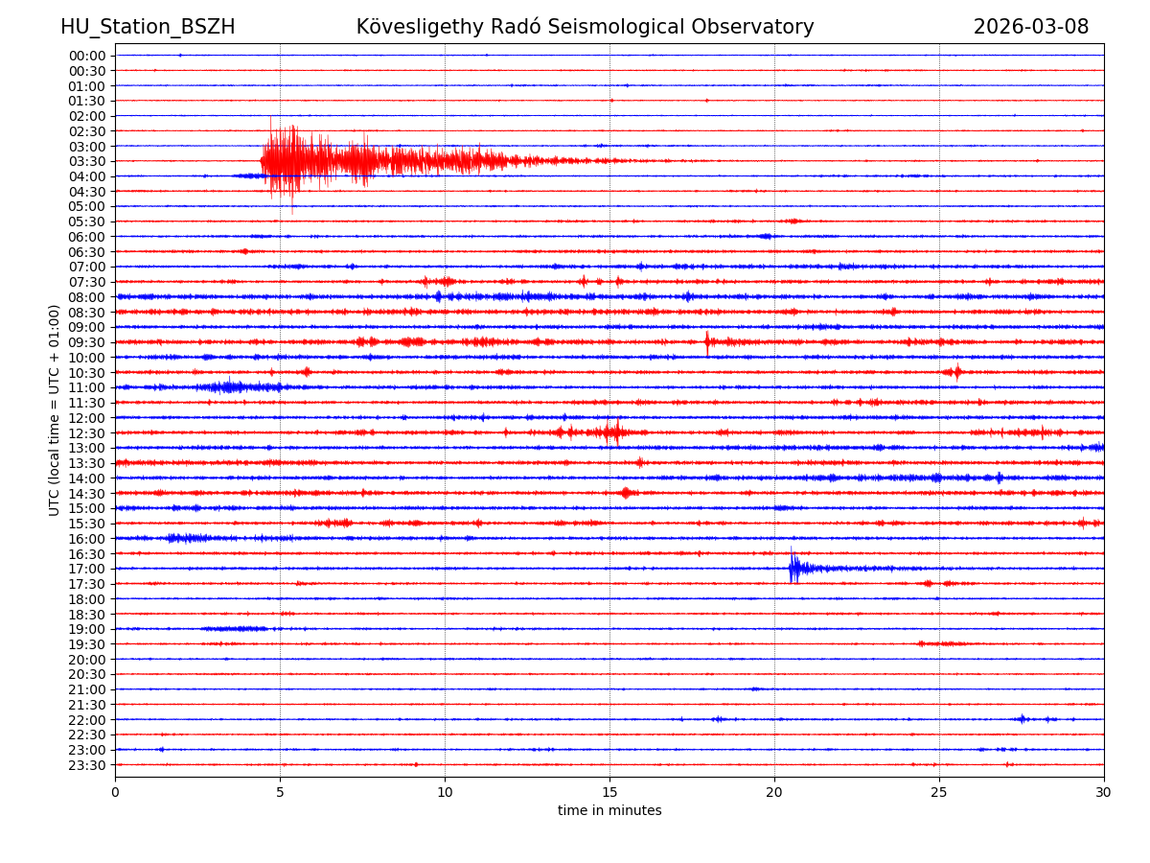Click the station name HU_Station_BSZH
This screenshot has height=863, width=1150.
(148, 27)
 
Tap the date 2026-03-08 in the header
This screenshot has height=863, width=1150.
(1030, 27)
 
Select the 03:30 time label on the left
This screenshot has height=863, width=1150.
(87, 161)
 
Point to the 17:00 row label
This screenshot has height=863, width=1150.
(87, 569)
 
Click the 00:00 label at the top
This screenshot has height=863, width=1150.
(87, 56)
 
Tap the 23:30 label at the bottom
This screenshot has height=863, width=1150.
(87, 765)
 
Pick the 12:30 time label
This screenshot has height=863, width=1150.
(87, 433)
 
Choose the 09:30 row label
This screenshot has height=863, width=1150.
(87, 342)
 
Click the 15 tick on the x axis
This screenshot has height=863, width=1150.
(609, 792)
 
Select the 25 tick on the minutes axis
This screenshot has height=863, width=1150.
(939, 792)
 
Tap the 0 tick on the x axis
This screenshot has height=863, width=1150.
(115, 792)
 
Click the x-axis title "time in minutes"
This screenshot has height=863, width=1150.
(609, 811)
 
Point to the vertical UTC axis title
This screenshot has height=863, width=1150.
(55, 409)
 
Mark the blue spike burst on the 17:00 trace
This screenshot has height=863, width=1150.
(793, 568)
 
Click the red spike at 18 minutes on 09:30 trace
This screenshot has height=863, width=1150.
(707, 341)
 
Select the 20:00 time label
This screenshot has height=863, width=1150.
(87, 660)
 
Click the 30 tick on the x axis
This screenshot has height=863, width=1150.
(1104, 792)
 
